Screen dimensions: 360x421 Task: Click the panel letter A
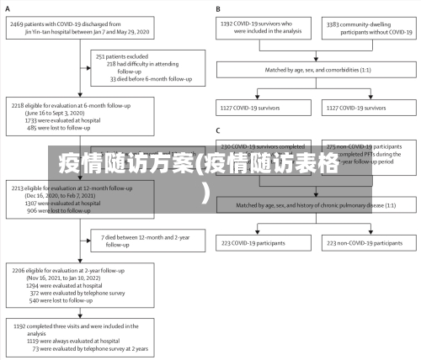tap(8, 9)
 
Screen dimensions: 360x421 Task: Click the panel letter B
tap(218, 9)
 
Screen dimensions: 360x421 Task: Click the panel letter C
tap(218, 130)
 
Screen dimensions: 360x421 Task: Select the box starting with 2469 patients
tap(79, 29)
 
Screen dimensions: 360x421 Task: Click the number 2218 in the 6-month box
tap(19, 106)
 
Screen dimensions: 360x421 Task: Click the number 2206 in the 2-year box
tap(19, 271)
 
